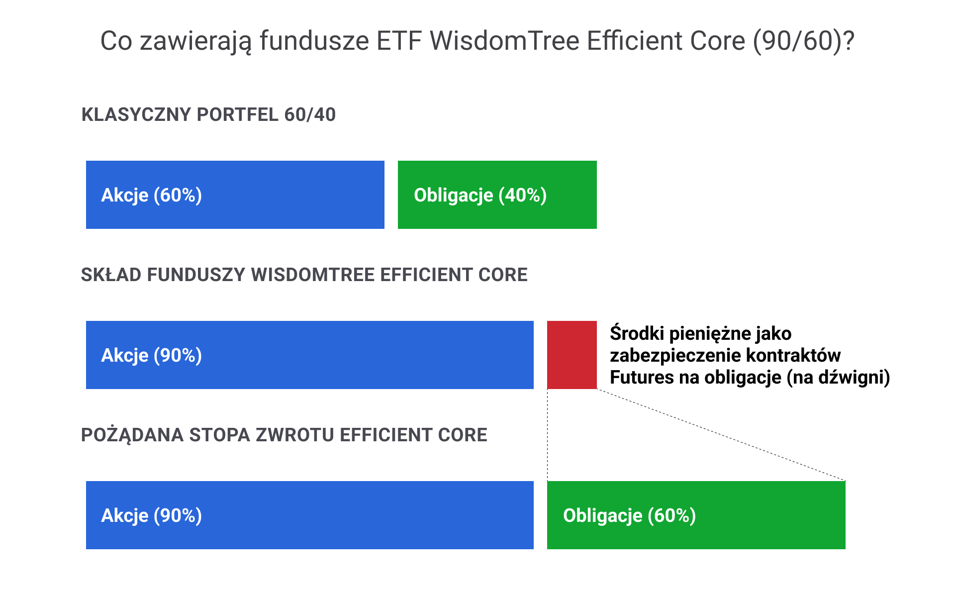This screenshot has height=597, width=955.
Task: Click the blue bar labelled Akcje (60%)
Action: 235,195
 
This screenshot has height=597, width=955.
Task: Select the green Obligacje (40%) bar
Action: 497,195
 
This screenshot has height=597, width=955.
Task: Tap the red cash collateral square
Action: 572,355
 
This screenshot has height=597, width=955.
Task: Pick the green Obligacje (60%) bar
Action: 696,515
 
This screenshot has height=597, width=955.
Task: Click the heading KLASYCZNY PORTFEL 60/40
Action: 208,115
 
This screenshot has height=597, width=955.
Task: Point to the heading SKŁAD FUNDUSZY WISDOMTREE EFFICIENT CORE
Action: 304,275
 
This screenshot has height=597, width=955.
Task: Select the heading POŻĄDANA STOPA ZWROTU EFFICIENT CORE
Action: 284,435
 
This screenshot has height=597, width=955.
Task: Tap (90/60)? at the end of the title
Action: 804,41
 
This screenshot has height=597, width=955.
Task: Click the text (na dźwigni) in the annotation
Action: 839,378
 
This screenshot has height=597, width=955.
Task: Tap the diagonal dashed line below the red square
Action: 721,435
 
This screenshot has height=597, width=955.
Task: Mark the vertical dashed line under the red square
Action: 547,435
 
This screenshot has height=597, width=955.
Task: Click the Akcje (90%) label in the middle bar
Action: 152,356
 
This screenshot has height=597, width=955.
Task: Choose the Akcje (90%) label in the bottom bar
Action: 152,516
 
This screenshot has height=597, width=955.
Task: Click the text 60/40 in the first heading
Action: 310,115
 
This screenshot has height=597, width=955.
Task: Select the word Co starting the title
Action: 116,41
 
